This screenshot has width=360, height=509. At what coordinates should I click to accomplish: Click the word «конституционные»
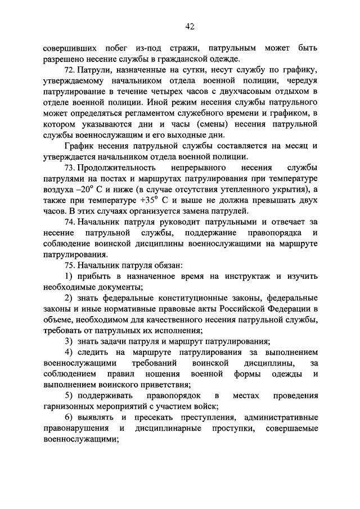tap(192, 300)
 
